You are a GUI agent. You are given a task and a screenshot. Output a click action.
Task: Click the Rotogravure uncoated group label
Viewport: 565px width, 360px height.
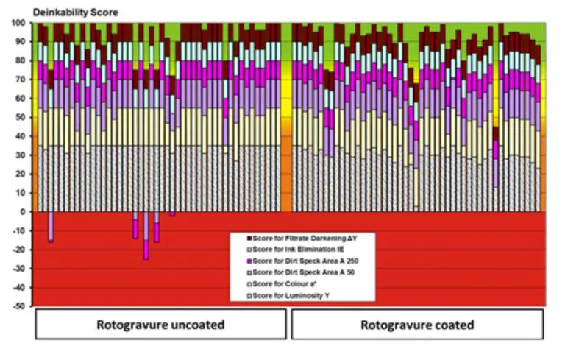[x=160, y=325]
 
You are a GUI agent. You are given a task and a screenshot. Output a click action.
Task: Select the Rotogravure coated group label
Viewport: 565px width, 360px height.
[x=417, y=325]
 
